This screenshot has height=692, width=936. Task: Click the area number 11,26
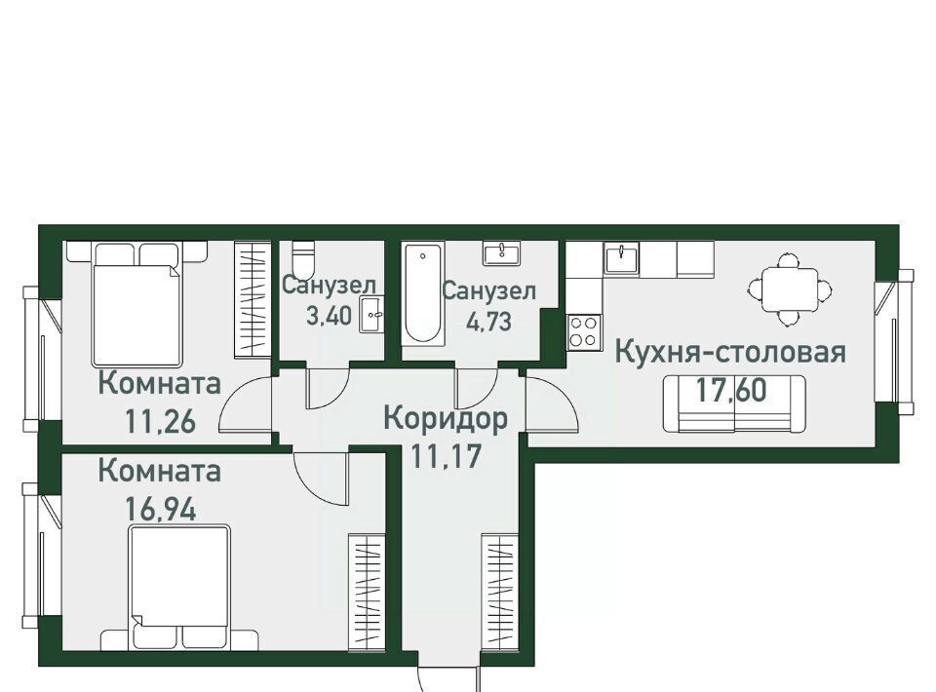pyautogui.click(x=160, y=422)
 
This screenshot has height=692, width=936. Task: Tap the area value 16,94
pyautogui.click(x=160, y=510)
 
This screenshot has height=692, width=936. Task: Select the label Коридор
pyautogui.click(x=446, y=419)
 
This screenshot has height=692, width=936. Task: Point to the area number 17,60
pyautogui.click(x=731, y=391)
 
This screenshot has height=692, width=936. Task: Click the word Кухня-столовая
pyautogui.click(x=730, y=352)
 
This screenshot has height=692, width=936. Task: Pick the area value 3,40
pyautogui.click(x=329, y=316)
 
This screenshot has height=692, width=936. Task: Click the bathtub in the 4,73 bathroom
pyautogui.click(x=423, y=293)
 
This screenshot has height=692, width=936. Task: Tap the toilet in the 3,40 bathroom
pyautogui.click(x=302, y=256)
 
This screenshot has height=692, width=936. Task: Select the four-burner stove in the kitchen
pyautogui.click(x=584, y=331)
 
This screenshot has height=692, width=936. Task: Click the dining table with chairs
pyautogui.click(x=789, y=289)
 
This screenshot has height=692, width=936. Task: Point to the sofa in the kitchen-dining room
pyautogui.click(x=734, y=404)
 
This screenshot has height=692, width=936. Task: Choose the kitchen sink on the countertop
pyautogui.click(x=621, y=258)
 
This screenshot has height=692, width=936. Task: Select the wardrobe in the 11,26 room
pyautogui.click(x=253, y=299)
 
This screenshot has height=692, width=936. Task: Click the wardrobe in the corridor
pyautogui.click(x=500, y=592)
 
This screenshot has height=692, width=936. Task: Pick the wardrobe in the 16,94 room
pyautogui.click(x=367, y=592)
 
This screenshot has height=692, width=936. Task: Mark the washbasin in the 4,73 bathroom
pyautogui.click(x=501, y=253)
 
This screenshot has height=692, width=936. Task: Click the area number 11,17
pyautogui.click(x=446, y=457)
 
